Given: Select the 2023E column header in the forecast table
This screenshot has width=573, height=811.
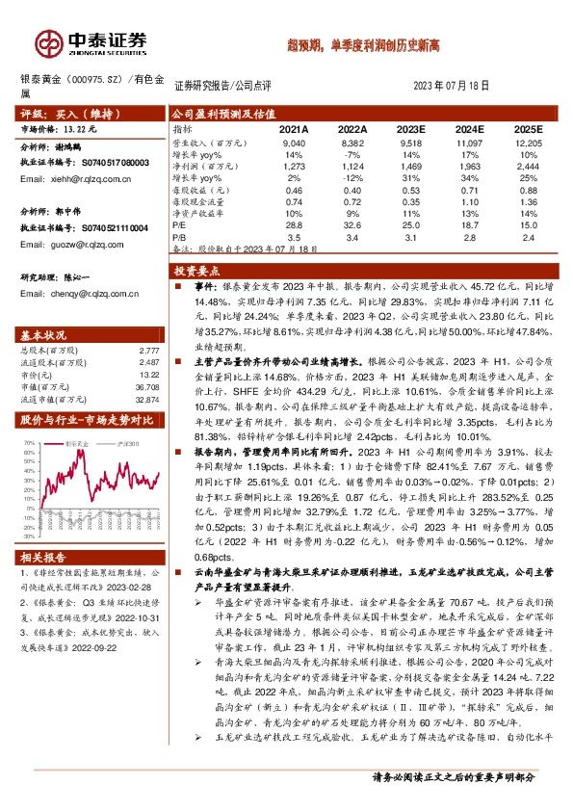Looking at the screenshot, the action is tap(409, 128).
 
